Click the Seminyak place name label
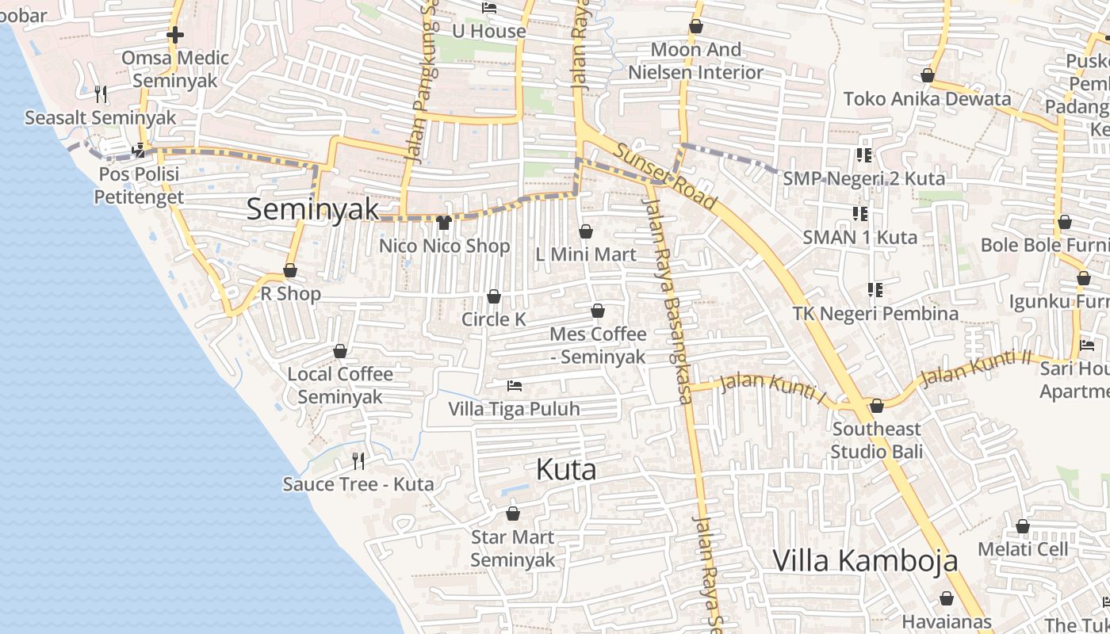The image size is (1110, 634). coord(313,209)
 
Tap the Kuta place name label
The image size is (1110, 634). coord(566,469)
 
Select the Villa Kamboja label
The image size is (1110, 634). coord(865,560)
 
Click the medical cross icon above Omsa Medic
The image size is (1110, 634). coord(175,35)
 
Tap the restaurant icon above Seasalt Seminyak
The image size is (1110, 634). coord(101,94)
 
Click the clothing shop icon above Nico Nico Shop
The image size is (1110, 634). coord(444,223)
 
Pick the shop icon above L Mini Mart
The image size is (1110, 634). coord(586,231)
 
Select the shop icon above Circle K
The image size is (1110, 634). coord(494,296)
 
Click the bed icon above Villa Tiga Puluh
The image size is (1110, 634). coord(515,386)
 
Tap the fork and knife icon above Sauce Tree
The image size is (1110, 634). coord(358,460)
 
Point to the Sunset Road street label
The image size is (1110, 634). coord(664,177)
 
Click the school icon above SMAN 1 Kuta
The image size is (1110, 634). coord(860,213)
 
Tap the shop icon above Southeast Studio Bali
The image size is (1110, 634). coord(877,407)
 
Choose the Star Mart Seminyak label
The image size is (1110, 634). coord(513,548)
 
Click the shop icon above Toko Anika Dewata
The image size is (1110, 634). coord(927,76)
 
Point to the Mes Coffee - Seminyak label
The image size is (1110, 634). coord(599,346)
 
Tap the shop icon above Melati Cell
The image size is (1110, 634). coord(1023,526)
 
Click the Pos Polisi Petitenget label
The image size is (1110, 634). coord(139,185)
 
